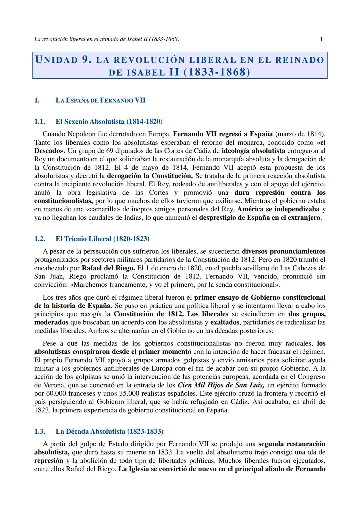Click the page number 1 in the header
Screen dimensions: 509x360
321,39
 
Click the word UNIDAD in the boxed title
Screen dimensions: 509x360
56,60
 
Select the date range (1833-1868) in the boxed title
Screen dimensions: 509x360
217,72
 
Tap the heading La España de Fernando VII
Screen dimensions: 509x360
100,100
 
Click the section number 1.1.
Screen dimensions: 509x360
40,122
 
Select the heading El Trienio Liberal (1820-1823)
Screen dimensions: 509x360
102,239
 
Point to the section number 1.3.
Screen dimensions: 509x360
40,432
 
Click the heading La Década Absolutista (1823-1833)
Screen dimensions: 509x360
109,432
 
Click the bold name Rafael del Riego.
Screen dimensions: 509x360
108,268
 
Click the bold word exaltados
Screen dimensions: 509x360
225,322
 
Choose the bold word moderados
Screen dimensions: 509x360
51,322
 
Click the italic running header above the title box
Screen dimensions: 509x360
107,39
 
